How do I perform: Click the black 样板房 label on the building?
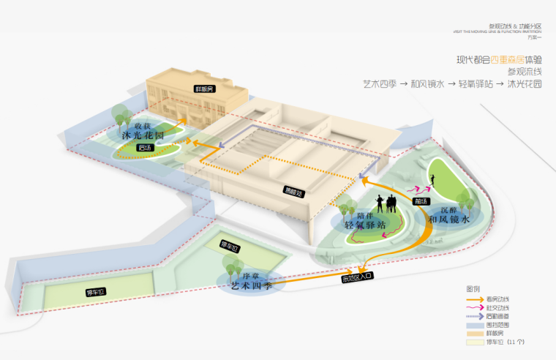[x=204, y=89]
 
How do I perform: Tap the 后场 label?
[x=145, y=148]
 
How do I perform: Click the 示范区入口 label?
[x=357, y=278]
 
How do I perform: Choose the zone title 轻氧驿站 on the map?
[x=369, y=226]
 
